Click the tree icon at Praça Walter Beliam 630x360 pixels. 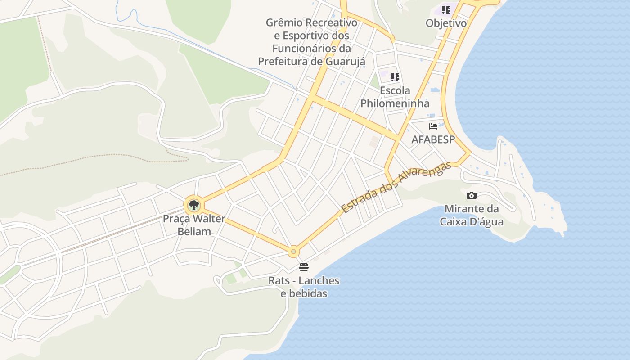coord(194,206)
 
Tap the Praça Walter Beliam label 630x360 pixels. coord(194,225)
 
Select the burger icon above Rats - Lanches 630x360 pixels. coord(304,267)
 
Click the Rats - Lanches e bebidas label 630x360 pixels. coord(304,287)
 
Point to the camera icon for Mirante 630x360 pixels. coord(472,195)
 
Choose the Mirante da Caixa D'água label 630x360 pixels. coord(472,215)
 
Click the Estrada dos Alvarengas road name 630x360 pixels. coord(396,187)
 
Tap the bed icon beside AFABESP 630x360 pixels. coord(433,126)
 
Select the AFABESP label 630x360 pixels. coord(433,139)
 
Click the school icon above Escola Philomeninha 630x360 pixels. coord(395,77)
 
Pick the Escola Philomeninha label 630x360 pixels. coord(395,97)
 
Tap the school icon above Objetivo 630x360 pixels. coord(446,10)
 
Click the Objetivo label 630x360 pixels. coord(446,23)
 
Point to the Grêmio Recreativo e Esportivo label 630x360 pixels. coord(311,41)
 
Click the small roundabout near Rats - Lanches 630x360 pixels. coord(293,251)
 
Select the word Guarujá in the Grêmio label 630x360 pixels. coord(344,61)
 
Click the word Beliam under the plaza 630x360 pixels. coord(194,232)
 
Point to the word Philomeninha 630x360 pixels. coord(395,103)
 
